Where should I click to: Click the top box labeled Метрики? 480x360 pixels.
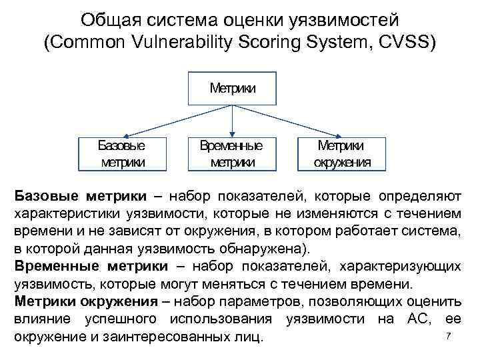(x=233, y=88)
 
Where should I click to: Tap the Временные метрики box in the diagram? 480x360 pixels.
(x=231, y=153)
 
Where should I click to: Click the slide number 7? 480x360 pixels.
(x=449, y=335)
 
